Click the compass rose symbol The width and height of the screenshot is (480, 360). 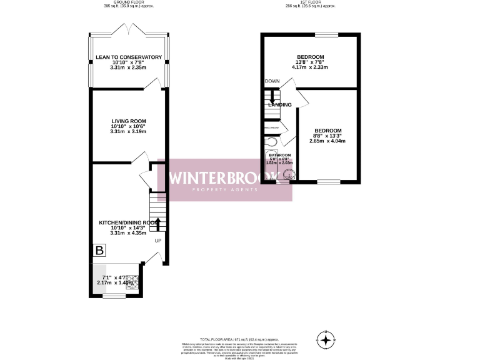point(326,341)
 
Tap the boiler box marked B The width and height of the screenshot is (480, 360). point(99,250)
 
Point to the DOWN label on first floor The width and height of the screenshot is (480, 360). point(272,81)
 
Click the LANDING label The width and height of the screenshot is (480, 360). point(279,104)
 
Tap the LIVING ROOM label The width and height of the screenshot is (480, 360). point(129,121)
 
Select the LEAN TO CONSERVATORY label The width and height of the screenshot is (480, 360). point(129,57)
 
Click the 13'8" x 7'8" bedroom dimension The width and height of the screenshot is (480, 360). point(310,62)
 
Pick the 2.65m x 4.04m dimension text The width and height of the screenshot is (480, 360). point(327,141)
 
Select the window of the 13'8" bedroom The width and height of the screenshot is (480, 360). point(326,34)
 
